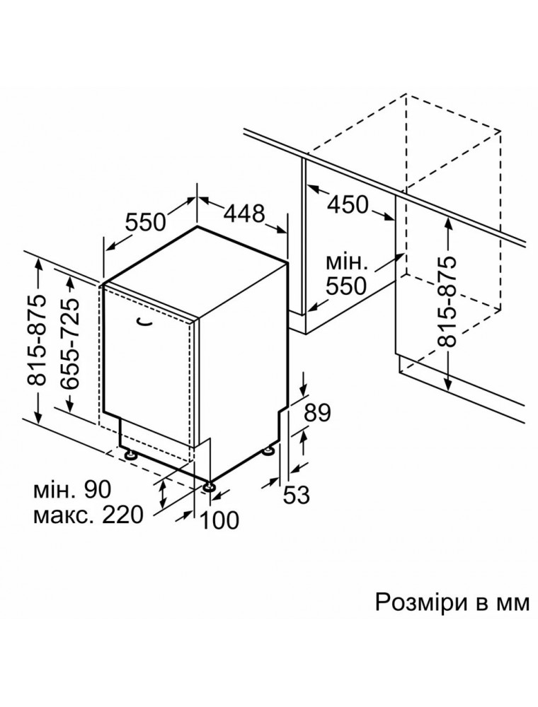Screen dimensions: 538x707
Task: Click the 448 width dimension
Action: (x=244, y=214)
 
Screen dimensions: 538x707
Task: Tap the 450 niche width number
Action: (x=348, y=205)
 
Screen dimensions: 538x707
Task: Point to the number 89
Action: (x=317, y=413)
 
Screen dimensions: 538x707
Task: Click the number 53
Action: (x=297, y=495)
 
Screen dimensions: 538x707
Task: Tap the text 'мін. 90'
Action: (x=71, y=489)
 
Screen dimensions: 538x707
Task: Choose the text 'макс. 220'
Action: (x=88, y=515)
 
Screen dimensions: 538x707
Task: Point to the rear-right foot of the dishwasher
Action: (x=270, y=450)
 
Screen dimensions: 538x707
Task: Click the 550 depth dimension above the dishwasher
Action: (x=145, y=222)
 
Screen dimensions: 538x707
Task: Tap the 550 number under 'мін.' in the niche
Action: (x=346, y=286)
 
